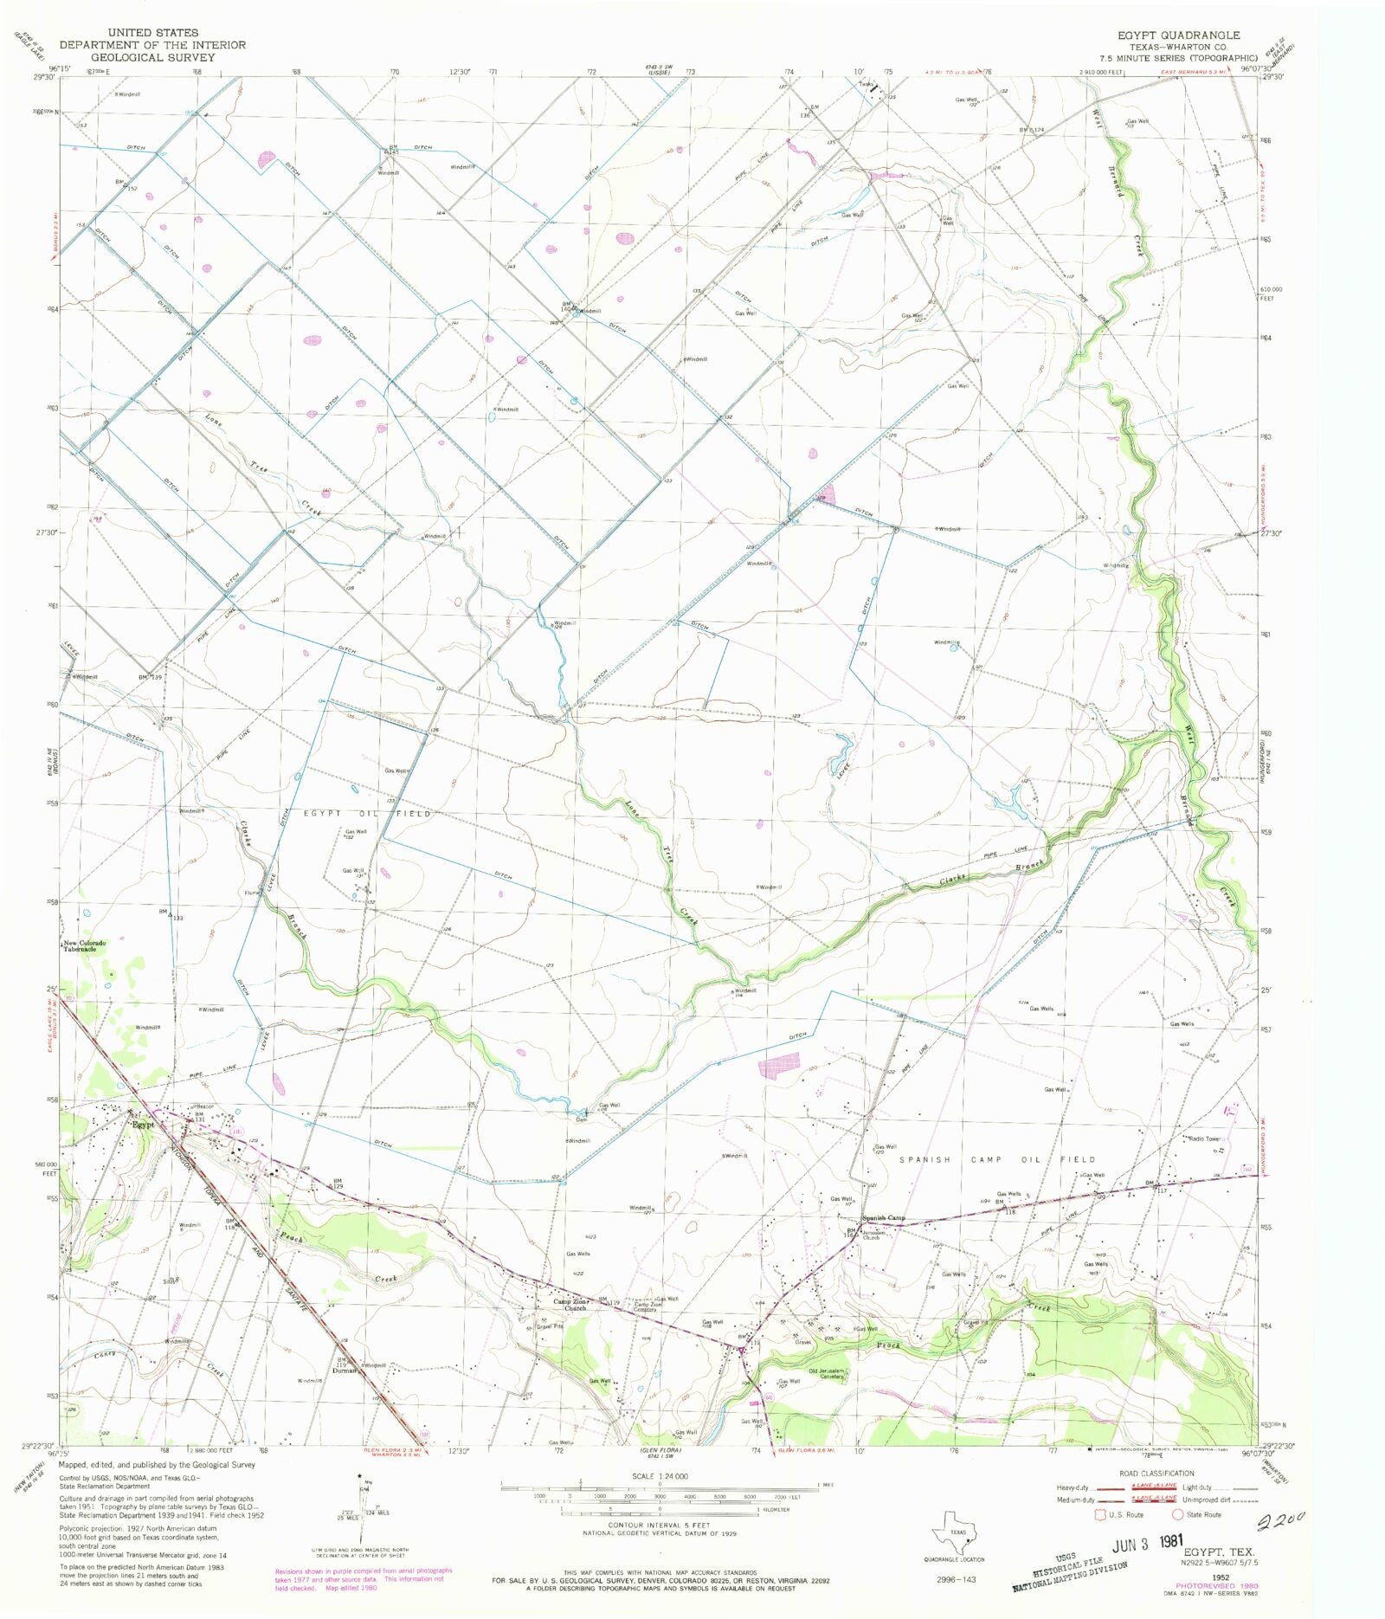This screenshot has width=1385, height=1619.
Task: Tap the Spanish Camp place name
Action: point(883,1217)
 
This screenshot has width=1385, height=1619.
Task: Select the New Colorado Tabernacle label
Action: point(84,946)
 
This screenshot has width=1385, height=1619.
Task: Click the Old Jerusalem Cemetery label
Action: point(827,1374)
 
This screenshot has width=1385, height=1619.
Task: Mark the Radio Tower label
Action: point(1203,1138)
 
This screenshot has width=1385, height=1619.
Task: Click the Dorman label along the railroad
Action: point(342,1371)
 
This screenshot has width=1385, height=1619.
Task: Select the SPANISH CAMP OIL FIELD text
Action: point(997,1159)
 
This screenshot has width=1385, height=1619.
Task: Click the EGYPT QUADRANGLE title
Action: point(1178,35)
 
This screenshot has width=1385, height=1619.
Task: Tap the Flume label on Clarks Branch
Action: point(251,893)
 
